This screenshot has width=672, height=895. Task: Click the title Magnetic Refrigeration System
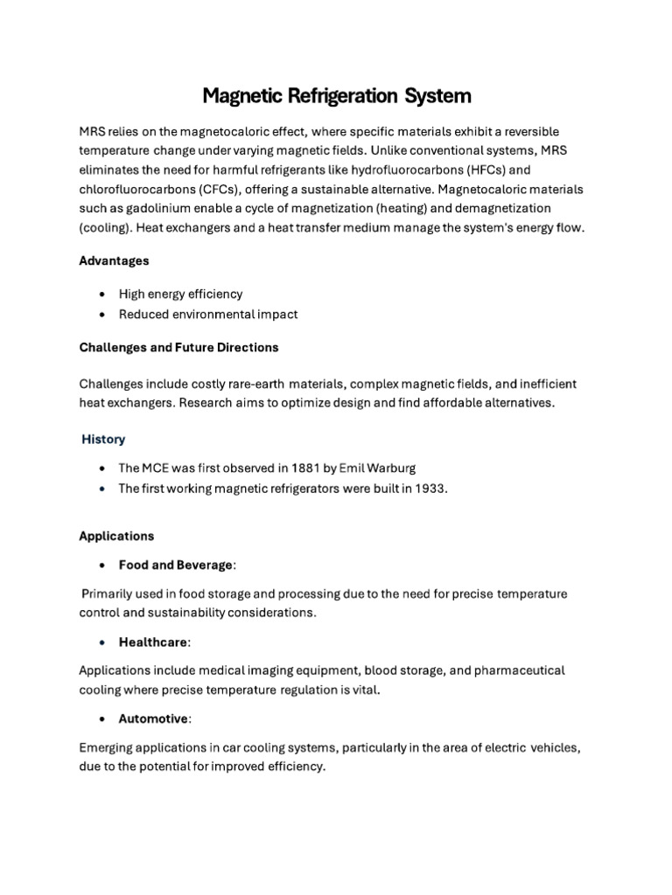[337, 94]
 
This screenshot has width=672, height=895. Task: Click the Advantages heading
[114, 260]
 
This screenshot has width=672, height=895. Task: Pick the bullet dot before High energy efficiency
[104, 295]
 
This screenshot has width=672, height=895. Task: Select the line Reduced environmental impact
[209, 315]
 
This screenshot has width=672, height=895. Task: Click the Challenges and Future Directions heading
[178, 347]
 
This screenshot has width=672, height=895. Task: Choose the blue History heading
[103, 440]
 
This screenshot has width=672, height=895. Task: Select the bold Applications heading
[116, 536]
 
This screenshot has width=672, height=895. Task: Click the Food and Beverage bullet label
[176, 565]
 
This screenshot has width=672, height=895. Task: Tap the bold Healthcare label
[153, 642]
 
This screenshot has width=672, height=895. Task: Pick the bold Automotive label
[153, 719]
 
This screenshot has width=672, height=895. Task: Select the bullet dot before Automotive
[104, 719]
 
